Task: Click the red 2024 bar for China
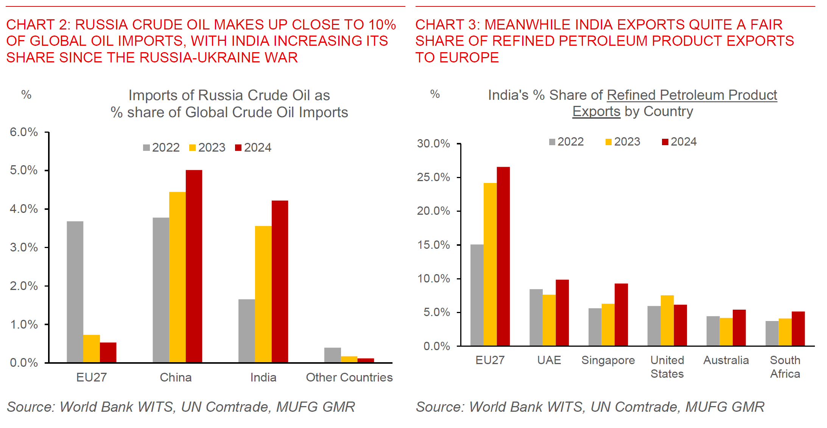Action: coord(194,266)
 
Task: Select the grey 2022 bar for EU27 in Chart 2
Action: coord(75,292)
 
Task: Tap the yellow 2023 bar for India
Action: coord(263,294)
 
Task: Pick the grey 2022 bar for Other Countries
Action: coord(332,355)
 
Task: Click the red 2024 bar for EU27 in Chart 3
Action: coord(503,256)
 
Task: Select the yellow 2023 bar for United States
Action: coord(667,321)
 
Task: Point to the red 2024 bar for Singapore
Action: coord(621,315)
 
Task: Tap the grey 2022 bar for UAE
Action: coord(536,318)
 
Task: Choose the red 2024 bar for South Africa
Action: coord(798,329)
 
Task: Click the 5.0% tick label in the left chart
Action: coord(24,170)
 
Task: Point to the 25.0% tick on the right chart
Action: coord(433,177)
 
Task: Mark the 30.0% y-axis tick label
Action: coord(433,143)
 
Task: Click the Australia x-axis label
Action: coord(726,360)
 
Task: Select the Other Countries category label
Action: coord(349,377)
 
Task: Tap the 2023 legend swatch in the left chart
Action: coord(192,147)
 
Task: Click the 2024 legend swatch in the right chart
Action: coord(665,142)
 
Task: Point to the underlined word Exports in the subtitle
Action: coord(596,112)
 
